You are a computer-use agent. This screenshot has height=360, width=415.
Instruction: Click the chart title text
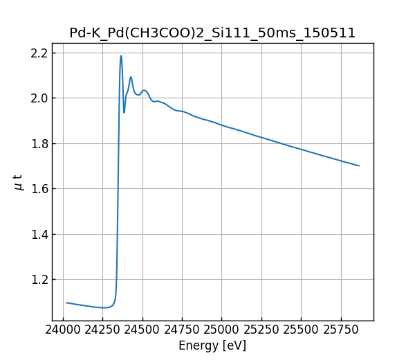tap(212, 33)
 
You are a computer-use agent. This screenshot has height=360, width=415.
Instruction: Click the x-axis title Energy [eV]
tap(212, 345)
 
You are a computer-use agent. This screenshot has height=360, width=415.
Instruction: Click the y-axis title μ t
tap(19, 182)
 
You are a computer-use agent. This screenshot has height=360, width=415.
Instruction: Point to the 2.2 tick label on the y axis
tap(39, 53)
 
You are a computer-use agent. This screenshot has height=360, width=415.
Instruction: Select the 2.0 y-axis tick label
tap(39, 98)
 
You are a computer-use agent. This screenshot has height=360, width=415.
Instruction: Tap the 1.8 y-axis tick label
tap(39, 144)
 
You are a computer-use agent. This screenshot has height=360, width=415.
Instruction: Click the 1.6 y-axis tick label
tap(39, 189)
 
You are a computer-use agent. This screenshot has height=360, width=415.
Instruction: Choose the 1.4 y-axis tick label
tap(39, 235)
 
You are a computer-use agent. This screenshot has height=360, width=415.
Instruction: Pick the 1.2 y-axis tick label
tap(39, 280)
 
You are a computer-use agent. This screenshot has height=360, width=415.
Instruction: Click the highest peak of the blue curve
tap(121, 56)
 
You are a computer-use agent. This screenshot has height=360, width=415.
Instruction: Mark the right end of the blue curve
tap(359, 165)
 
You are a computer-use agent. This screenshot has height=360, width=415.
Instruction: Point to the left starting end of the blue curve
tap(66, 303)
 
